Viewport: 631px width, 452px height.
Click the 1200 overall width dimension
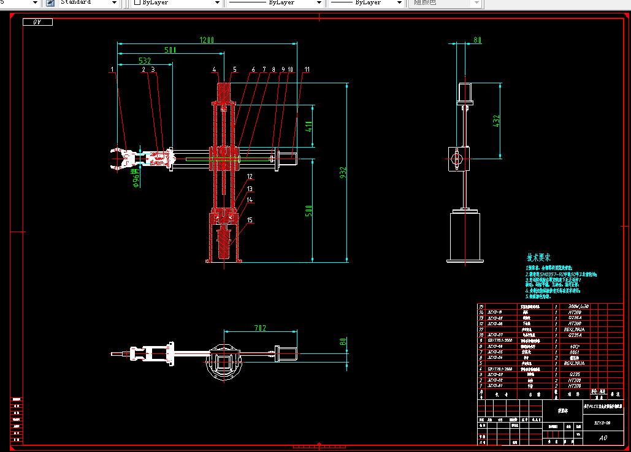pos(207,40)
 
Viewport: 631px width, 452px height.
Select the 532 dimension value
pos(145,61)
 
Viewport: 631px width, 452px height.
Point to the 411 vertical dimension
pos(309,127)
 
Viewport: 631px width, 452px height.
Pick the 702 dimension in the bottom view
pos(259,328)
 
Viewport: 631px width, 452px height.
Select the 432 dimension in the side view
pos(496,122)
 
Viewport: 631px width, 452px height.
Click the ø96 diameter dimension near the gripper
pos(136,175)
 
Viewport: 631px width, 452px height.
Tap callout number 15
pos(250,220)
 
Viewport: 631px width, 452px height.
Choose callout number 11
pos(307,69)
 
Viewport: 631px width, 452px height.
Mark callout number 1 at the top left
pos(112,69)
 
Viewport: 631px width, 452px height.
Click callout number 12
pos(250,176)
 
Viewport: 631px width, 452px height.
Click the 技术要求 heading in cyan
pos(538,258)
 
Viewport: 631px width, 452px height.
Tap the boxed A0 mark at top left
pos(37,23)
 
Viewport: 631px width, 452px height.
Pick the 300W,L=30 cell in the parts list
pos(578,306)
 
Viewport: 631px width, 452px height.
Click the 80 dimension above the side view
pos(476,40)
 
